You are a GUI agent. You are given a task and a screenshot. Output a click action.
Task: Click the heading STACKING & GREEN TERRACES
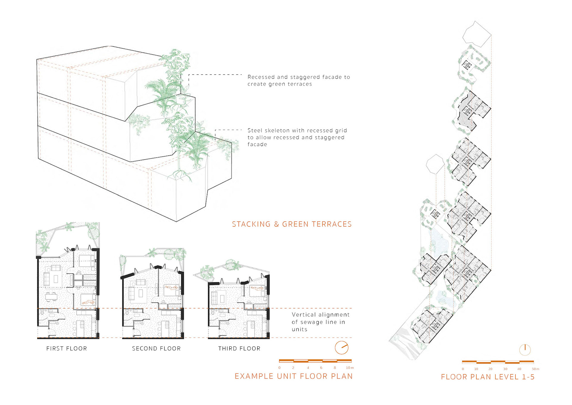[292, 224]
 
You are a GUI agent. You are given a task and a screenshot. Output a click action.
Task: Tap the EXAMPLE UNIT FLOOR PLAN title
[293, 376]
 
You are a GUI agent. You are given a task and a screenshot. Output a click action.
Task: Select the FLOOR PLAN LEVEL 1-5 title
[488, 377]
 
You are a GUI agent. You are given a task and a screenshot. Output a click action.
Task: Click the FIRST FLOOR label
[66, 348]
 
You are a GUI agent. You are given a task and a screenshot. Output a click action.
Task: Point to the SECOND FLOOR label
[156, 348]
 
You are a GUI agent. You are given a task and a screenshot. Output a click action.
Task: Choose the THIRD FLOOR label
[239, 348]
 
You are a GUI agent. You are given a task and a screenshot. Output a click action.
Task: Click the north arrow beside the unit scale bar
[341, 347]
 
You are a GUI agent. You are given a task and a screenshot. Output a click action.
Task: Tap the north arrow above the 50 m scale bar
[525, 350]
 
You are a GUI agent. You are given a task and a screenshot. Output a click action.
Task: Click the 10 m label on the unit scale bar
[349, 368]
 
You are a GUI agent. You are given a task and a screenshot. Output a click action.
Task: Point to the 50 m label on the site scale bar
[535, 369]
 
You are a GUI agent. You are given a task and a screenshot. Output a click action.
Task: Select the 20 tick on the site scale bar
[490, 369]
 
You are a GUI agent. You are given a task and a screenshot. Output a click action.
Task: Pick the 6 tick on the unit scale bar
[321, 368]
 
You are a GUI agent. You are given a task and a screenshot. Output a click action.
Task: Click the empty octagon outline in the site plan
[435, 164]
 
